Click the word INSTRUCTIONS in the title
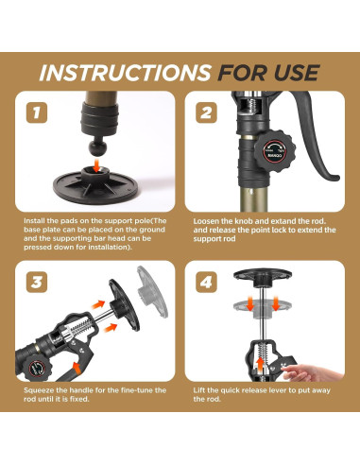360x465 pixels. point(125,73)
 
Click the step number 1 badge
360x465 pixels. point(37,112)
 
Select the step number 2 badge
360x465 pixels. point(206,112)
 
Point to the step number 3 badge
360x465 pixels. point(37,282)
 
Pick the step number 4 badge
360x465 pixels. point(206,282)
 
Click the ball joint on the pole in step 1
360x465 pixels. point(97,147)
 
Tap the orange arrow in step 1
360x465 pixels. point(97,164)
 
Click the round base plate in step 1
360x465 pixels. point(95,186)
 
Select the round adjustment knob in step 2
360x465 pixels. point(275,151)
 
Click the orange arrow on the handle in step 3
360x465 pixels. point(77,367)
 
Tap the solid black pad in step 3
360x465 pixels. point(124,305)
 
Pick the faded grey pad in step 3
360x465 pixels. point(152,291)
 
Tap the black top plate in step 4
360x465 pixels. point(263,276)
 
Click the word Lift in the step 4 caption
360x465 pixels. point(199,390)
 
